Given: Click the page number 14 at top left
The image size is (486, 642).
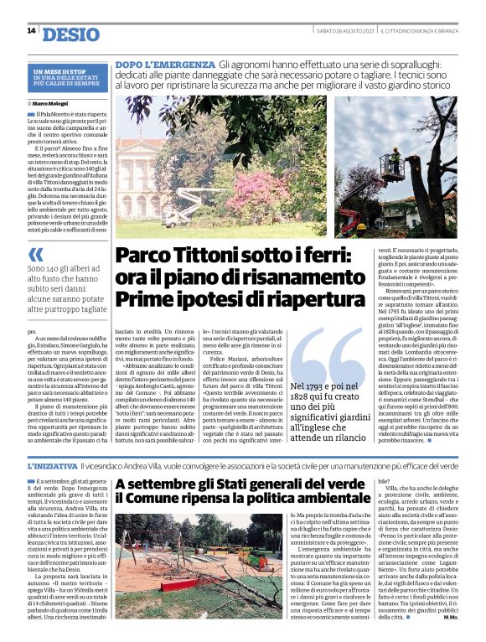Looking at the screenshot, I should coord(31,31).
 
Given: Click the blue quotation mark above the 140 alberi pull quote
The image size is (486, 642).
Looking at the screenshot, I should coord(36,255).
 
